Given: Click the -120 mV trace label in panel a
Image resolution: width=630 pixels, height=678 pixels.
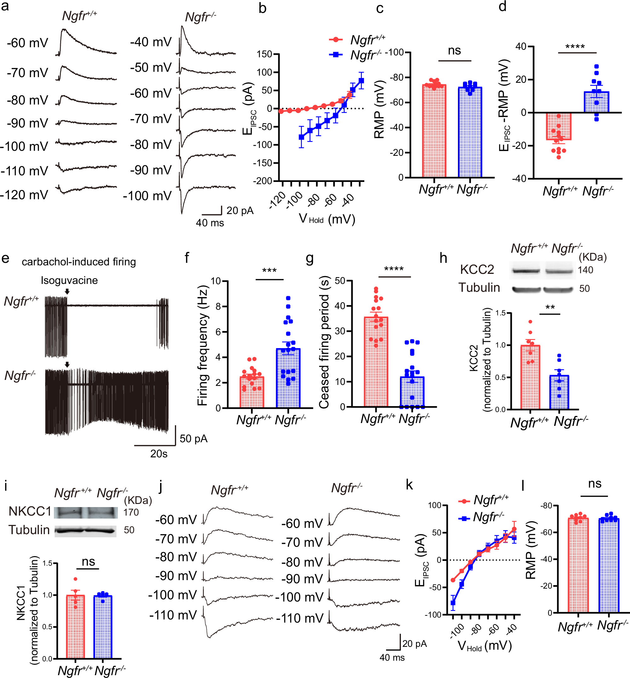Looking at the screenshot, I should [24, 195].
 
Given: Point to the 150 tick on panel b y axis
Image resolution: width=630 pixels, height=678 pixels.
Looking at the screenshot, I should [264, 54].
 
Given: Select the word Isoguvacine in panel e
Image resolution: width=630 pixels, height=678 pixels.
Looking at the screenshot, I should [69, 280].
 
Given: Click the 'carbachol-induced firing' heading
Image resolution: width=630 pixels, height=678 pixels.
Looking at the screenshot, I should [79, 262].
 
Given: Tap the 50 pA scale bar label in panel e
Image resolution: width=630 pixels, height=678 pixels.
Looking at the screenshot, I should [193, 438].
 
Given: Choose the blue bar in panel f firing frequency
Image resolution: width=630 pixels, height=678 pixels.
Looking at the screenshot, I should [288, 378].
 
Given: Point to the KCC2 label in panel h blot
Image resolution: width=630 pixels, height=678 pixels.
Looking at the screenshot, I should [477, 269].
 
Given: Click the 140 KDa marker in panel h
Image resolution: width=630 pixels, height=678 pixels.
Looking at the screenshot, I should [585, 270].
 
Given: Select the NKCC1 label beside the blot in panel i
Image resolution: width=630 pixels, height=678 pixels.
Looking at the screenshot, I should [30, 511].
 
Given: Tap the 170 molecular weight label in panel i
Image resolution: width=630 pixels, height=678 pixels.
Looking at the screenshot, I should [131, 512].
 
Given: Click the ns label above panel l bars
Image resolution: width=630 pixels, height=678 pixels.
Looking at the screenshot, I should [595, 483].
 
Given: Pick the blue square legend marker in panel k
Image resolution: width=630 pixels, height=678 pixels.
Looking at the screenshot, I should [464, 518].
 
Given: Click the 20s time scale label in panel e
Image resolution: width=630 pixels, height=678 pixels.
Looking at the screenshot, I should [159, 454].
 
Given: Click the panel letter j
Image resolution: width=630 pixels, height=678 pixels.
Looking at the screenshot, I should [160, 486].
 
